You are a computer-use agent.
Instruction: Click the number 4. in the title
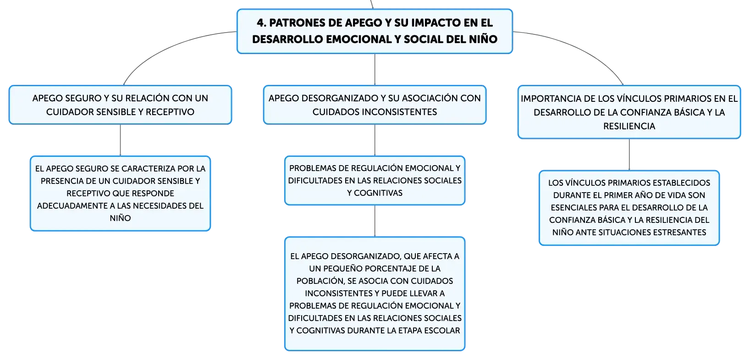coord(261,23)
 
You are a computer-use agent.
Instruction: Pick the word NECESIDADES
coord(160,205)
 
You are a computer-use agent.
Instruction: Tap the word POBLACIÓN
coord(321,281)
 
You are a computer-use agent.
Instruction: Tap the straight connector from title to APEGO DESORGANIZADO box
coord(375,69)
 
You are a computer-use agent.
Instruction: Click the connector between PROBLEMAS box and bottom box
coord(375,221)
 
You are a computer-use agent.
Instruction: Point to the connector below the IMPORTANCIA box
coord(629,155)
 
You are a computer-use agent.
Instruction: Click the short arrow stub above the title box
coord(372,4)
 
